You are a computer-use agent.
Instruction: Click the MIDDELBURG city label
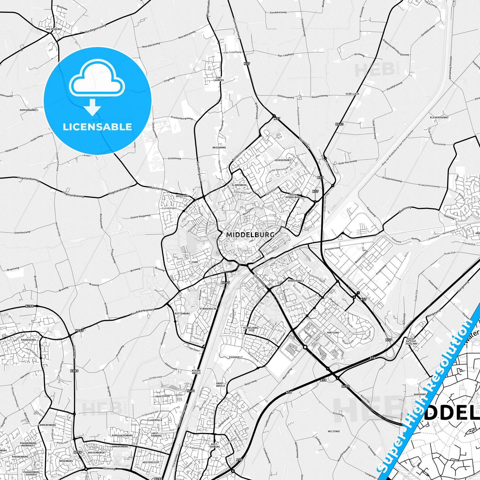(250, 235)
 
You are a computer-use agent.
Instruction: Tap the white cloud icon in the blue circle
(97, 79)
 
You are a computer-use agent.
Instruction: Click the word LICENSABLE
(97, 127)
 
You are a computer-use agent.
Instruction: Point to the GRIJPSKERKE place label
(52, 29)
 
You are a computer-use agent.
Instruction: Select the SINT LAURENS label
(218, 78)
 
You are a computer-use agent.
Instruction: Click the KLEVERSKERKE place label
(439, 118)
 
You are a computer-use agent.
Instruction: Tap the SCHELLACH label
(352, 94)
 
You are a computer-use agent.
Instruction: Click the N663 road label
(339, 124)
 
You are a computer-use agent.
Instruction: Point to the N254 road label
(345, 386)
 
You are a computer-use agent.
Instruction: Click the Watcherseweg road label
(159, 189)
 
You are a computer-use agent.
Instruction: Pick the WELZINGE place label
(334, 431)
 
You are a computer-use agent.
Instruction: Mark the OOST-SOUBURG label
(215, 445)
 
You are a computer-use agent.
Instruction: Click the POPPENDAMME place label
(28, 110)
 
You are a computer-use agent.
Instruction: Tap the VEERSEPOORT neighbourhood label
(283, 160)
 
